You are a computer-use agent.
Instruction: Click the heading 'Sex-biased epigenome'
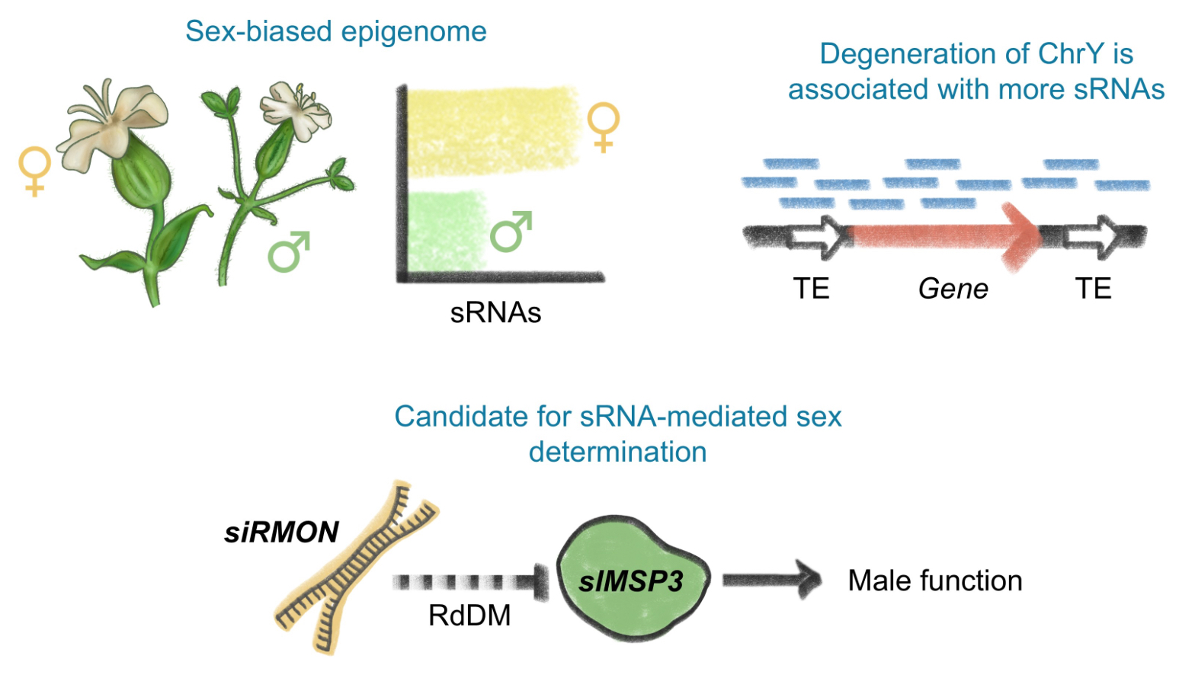point(335,31)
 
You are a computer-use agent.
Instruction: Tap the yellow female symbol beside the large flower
point(35,171)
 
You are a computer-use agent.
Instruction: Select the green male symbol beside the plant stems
point(289,251)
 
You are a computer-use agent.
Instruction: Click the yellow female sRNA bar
point(492,130)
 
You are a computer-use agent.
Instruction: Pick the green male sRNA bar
point(447,231)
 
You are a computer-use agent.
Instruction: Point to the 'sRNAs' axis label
point(495,312)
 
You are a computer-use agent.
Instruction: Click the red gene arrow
point(945,236)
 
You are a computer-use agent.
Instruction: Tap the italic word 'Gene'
point(953,289)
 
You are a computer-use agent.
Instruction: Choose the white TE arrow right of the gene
point(1093,236)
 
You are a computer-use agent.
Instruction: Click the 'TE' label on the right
point(1093,289)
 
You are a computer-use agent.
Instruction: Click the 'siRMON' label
point(281,532)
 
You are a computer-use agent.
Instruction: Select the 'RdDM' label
point(469,616)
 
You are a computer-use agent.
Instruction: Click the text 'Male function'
point(935,580)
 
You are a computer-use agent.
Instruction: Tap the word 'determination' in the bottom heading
point(617,452)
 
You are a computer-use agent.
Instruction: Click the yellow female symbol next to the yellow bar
point(604,126)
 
